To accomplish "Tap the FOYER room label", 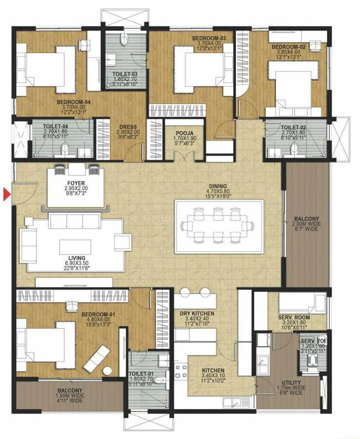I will (76, 183).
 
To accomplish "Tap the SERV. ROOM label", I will (294, 318).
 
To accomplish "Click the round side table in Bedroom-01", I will (108, 371).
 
